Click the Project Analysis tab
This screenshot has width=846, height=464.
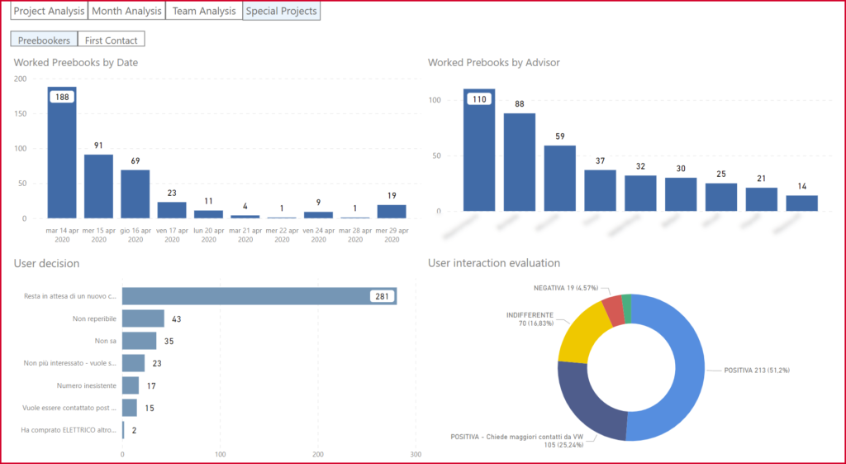[x=49, y=11]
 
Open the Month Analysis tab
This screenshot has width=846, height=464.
[x=126, y=11]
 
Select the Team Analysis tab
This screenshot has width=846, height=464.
[x=204, y=11]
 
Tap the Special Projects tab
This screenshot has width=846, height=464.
[x=281, y=11]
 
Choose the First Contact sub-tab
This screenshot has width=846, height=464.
[x=111, y=40]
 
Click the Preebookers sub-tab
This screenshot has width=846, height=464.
[x=44, y=40]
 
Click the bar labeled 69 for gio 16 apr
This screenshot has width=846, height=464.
[x=135, y=194]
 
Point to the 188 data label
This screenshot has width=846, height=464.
[x=62, y=97]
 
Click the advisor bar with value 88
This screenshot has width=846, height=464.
[x=520, y=162]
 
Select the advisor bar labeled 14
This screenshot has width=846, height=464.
[x=801, y=203]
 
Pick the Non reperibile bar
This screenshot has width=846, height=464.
[x=143, y=318]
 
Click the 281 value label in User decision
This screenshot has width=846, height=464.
[x=382, y=296]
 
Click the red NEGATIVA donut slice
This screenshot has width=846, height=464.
[x=612, y=310]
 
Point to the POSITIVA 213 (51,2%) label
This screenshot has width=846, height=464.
[x=756, y=370]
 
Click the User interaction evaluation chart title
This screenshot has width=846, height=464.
[x=494, y=263]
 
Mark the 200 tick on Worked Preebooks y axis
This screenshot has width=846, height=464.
[x=21, y=79]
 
